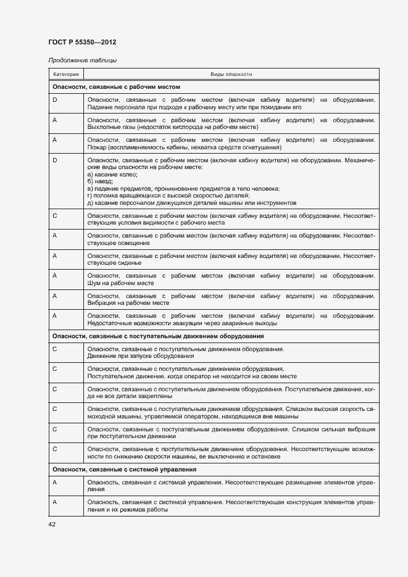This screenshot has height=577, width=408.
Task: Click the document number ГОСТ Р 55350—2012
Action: tap(82, 42)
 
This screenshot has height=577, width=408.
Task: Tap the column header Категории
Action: tap(66, 74)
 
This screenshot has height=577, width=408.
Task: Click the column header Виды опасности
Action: tap(231, 74)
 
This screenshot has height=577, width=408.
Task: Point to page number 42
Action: tap(52, 524)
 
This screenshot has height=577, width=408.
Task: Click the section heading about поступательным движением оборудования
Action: tap(158, 336)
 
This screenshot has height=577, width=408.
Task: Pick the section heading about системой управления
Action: tap(123, 470)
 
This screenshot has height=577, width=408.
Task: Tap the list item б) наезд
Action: tap(100, 182)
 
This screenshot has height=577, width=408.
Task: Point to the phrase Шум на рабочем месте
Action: tap(120, 283)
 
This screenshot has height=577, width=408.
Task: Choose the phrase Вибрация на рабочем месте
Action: tap(128, 304)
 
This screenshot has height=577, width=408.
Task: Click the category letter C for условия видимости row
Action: tap(55, 216)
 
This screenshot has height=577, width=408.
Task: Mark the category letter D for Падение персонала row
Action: tap(55, 99)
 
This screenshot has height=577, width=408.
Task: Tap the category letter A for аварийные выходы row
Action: tap(55, 316)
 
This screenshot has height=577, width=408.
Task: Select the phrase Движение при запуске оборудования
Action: tap(141, 356)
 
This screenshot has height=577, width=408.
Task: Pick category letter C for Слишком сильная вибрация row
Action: tap(55, 429)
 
